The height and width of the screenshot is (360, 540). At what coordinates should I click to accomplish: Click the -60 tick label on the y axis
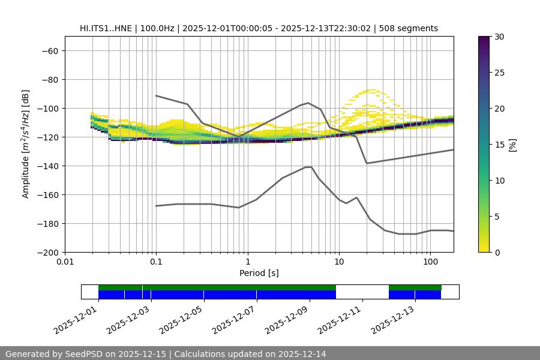pos(49,50)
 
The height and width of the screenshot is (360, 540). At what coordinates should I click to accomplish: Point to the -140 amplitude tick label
pos(46,166)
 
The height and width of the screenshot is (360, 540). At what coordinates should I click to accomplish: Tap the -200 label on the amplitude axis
pos(46,252)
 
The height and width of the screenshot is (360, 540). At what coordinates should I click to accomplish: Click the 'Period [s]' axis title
pos(259,274)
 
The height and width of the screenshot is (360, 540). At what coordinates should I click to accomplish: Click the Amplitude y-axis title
pos(26,144)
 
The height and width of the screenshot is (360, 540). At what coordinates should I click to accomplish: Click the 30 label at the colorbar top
pos(499,37)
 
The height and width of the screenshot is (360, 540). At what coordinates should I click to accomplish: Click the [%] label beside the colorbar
pos(512,145)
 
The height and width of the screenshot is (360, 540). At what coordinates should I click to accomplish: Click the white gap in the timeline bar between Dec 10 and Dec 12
pos(362,292)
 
